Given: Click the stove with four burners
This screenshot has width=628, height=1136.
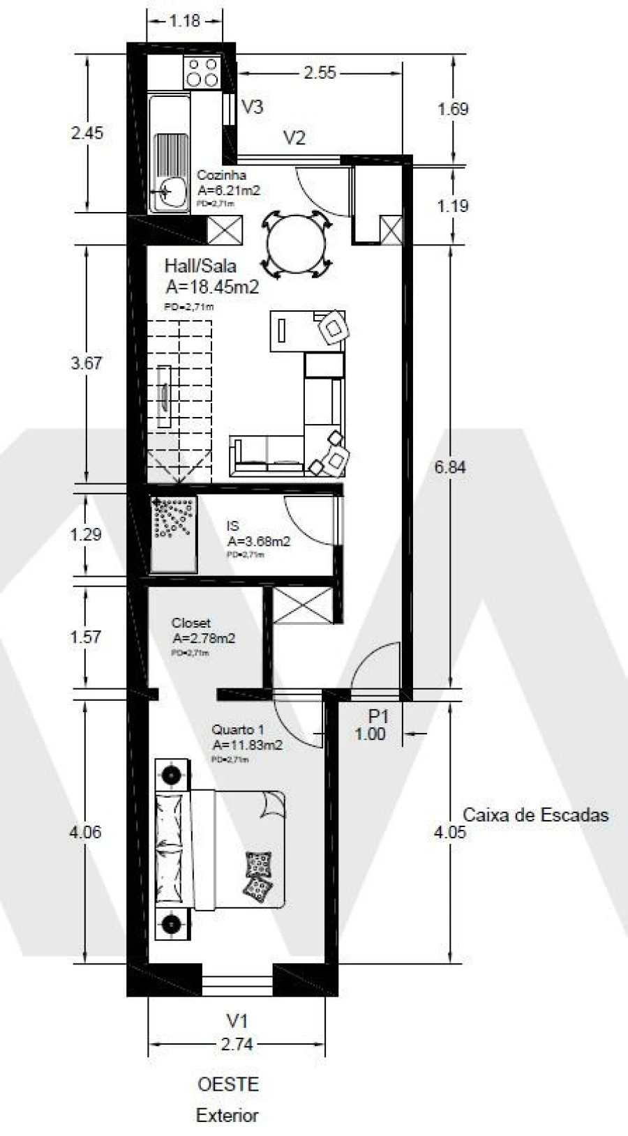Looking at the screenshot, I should click(x=202, y=73).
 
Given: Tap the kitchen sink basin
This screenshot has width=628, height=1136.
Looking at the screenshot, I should click(x=170, y=190).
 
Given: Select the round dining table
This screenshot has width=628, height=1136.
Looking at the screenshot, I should click(x=296, y=245).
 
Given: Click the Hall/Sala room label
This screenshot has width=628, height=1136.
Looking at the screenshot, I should click(x=200, y=266).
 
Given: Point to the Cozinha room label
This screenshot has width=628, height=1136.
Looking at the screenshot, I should click(x=221, y=175).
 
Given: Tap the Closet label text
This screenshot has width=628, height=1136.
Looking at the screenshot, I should click(x=191, y=623).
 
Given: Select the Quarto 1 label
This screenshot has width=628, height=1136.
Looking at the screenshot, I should click(x=232, y=729).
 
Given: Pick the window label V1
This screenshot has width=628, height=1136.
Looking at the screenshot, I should click(x=237, y=1021).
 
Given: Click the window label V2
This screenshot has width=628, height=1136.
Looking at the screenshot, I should click(x=294, y=137).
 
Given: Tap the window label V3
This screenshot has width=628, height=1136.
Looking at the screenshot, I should click(x=252, y=107).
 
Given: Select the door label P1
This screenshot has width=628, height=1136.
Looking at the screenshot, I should click(x=377, y=716).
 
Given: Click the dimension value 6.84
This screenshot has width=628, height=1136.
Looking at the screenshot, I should click(x=449, y=467).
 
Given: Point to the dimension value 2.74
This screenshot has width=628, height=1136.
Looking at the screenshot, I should click(x=237, y=1044).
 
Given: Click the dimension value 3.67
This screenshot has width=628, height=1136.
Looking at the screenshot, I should click(x=87, y=363).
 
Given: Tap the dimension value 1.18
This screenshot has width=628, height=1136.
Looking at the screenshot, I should click(x=185, y=21).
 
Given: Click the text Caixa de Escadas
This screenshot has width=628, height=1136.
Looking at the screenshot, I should click(x=535, y=815).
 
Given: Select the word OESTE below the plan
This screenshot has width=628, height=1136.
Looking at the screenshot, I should click(x=227, y=1084).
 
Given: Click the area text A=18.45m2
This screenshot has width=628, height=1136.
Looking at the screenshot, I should click(x=213, y=287).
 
